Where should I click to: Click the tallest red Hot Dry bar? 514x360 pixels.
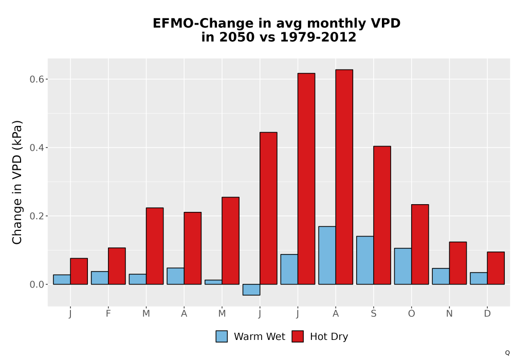coord(344,177)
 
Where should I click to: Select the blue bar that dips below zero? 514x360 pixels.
coord(251,290)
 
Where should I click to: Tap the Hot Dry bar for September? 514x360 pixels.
coord(382,215)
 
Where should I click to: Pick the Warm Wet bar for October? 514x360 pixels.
coord(403,266)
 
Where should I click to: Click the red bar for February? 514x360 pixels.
coord(117,266)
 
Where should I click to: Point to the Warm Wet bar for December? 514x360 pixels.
coord(479,278)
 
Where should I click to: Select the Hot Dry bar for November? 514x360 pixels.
coord(458,263)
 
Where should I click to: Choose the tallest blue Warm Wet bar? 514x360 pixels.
coord(327,256)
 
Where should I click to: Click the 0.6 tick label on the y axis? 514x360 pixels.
coord(36,79)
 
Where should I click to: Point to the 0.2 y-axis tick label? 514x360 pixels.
coord(36,216)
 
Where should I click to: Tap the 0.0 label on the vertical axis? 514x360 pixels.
coord(36,284)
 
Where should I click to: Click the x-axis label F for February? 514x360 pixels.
coord(108,314)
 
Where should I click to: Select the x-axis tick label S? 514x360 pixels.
coord(373,314)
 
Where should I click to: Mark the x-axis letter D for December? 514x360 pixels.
coord(487,314)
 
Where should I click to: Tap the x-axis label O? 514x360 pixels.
coord(411,314)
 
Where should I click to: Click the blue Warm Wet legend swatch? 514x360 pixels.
coord(222,336)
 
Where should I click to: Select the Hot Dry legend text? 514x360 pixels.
coord(329,337)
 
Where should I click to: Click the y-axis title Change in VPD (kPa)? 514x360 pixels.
coord(17,183)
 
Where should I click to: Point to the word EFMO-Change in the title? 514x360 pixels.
coord(203,24)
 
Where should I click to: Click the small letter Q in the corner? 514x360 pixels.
coord(507,353)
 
